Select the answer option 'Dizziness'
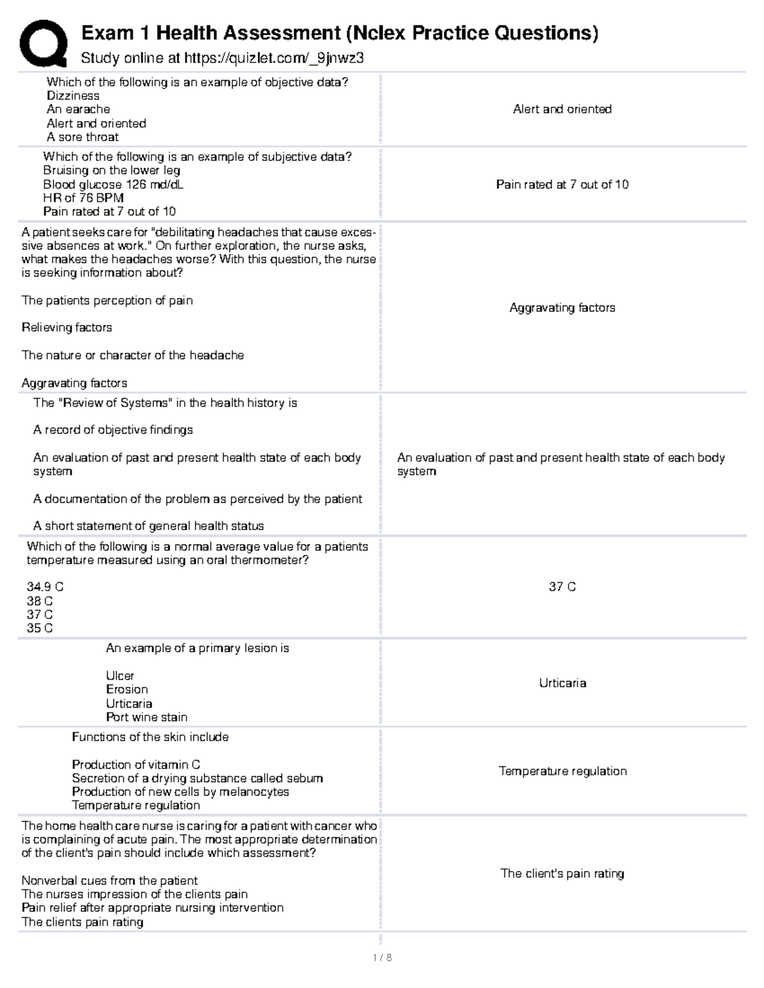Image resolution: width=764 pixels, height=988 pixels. (73, 96)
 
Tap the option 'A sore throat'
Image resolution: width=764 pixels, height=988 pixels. (82, 137)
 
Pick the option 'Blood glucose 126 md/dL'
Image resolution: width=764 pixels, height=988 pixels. (113, 184)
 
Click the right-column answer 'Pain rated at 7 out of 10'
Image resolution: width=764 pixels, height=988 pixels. (562, 184)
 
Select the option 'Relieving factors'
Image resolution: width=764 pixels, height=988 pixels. (67, 328)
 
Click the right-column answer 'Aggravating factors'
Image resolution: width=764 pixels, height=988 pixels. (562, 308)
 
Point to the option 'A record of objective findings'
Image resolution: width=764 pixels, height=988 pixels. (113, 430)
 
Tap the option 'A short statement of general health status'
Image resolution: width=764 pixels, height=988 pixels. (148, 526)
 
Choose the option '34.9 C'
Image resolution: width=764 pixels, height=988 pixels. (45, 587)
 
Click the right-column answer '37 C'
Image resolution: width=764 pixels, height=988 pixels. (562, 587)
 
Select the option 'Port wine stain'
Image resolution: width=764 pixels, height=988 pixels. (146, 718)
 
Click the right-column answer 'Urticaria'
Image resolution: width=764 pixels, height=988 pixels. (562, 683)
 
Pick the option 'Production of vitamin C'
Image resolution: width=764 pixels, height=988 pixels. (136, 765)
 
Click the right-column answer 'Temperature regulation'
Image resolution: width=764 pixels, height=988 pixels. (562, 771)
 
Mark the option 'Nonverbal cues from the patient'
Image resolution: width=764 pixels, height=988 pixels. (110, 881)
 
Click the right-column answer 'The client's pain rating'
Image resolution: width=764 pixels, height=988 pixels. (562, 873)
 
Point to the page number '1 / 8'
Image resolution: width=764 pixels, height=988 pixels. (382, 957)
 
